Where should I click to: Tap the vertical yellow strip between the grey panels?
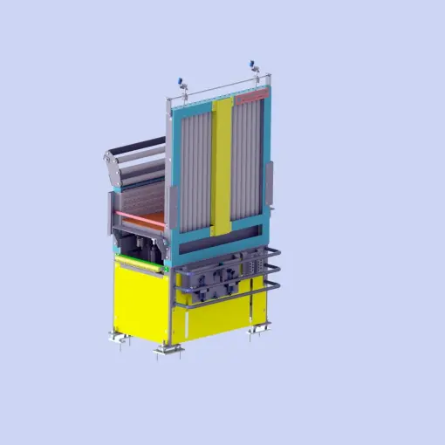coord(222,166)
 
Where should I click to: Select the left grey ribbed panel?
coord(195,166)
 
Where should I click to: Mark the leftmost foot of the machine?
coord(116,336)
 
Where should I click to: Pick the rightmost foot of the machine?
coord(259,328)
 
